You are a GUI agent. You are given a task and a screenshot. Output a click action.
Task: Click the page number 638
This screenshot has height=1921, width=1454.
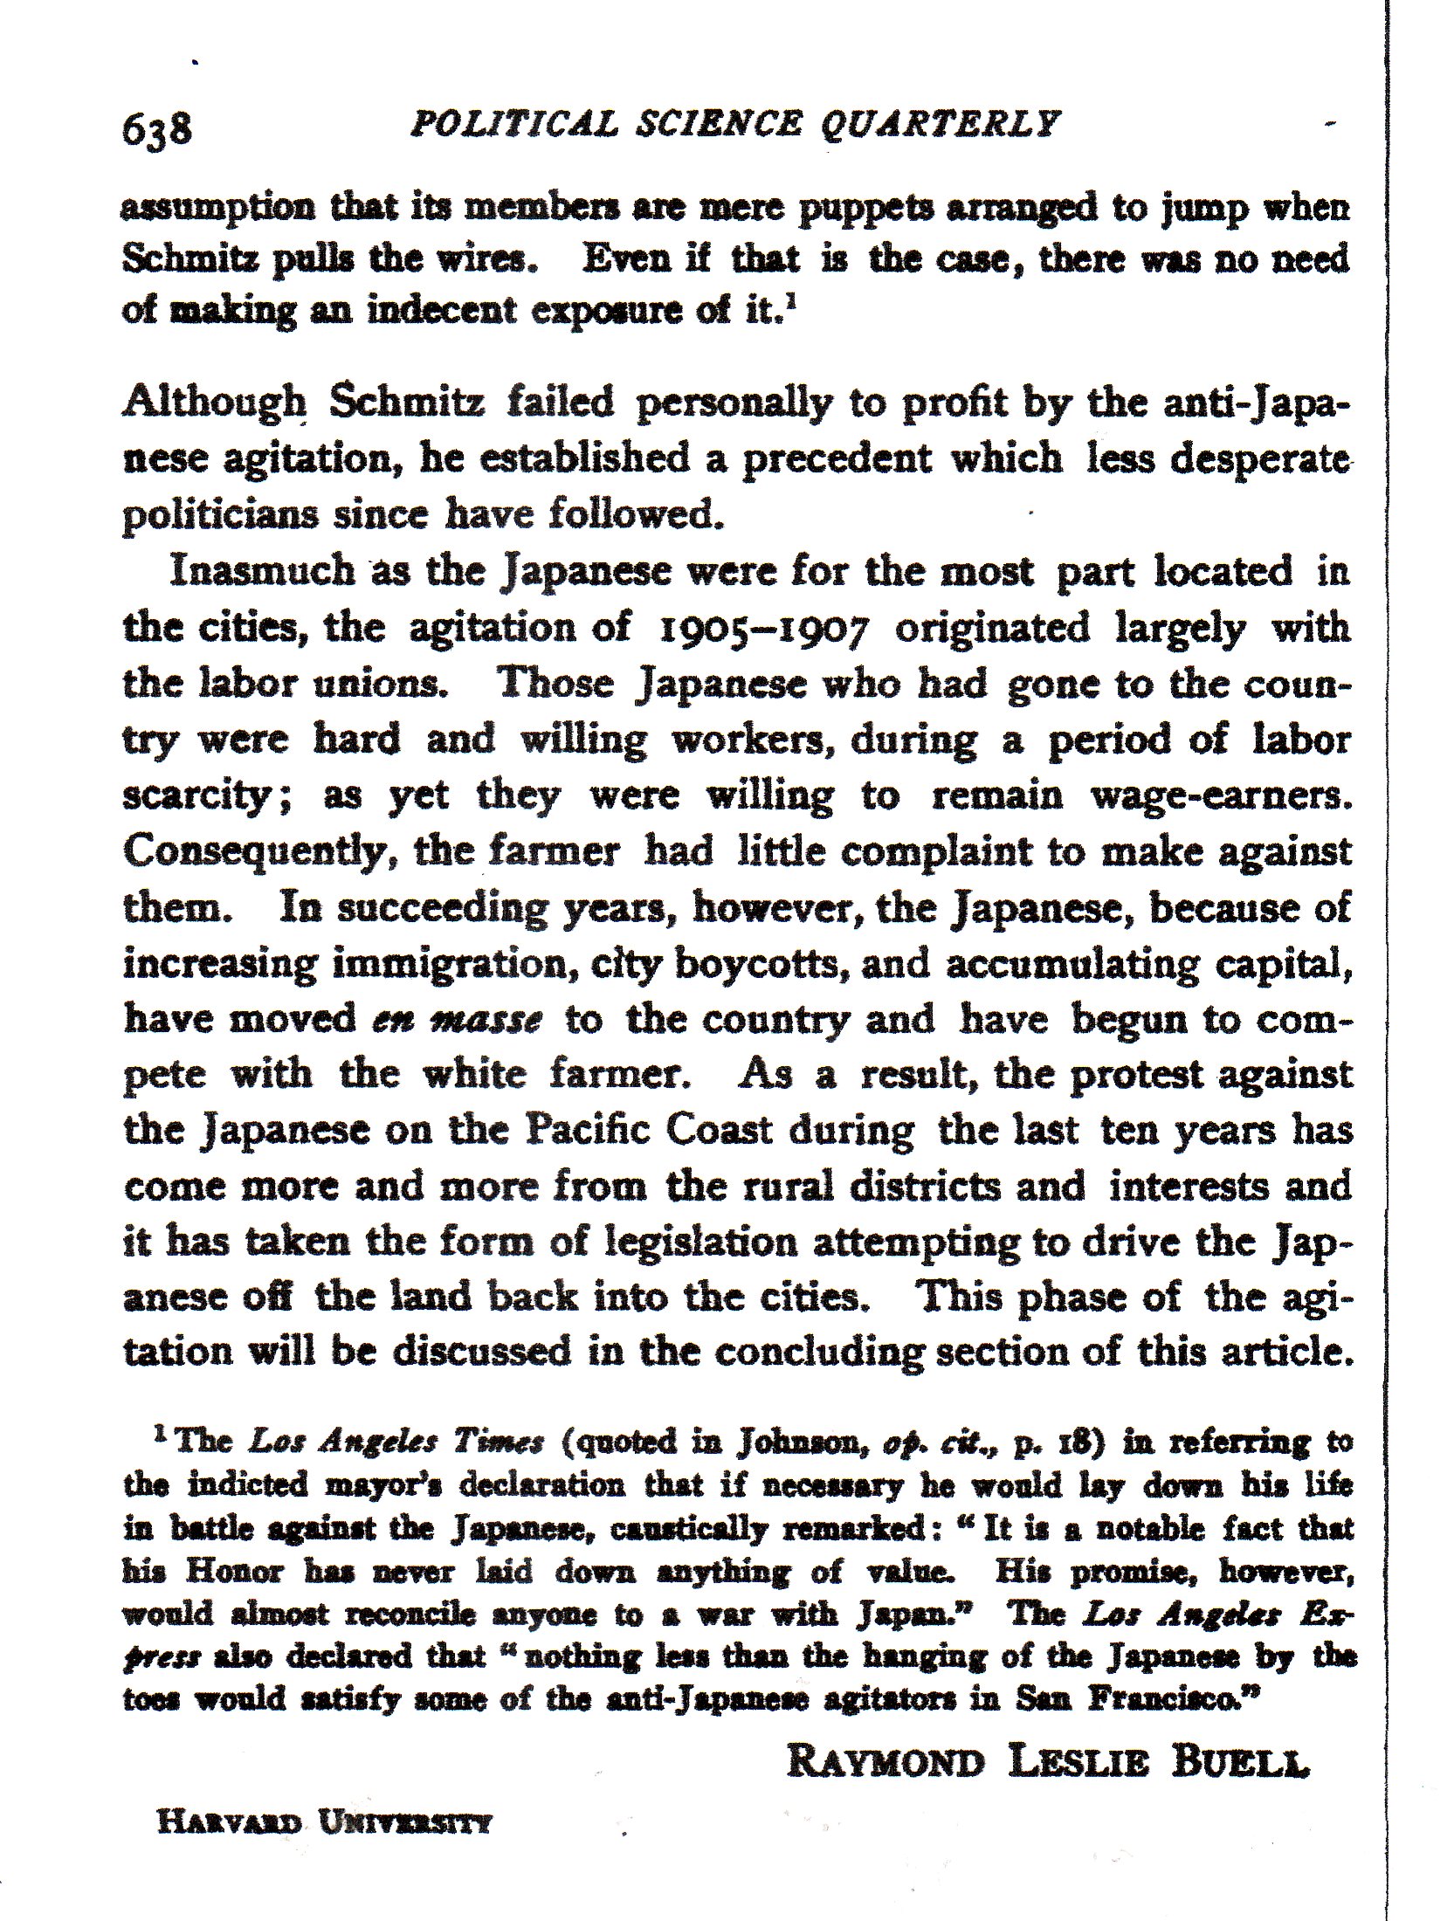(156, 130)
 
